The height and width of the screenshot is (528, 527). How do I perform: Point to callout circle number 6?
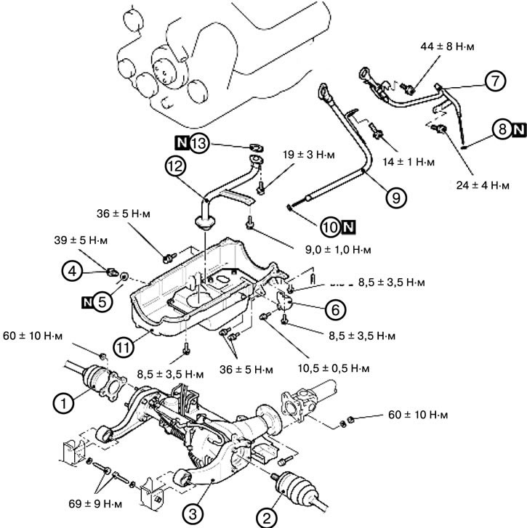pos(334,309)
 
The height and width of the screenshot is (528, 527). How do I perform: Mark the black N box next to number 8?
pos(517,130)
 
